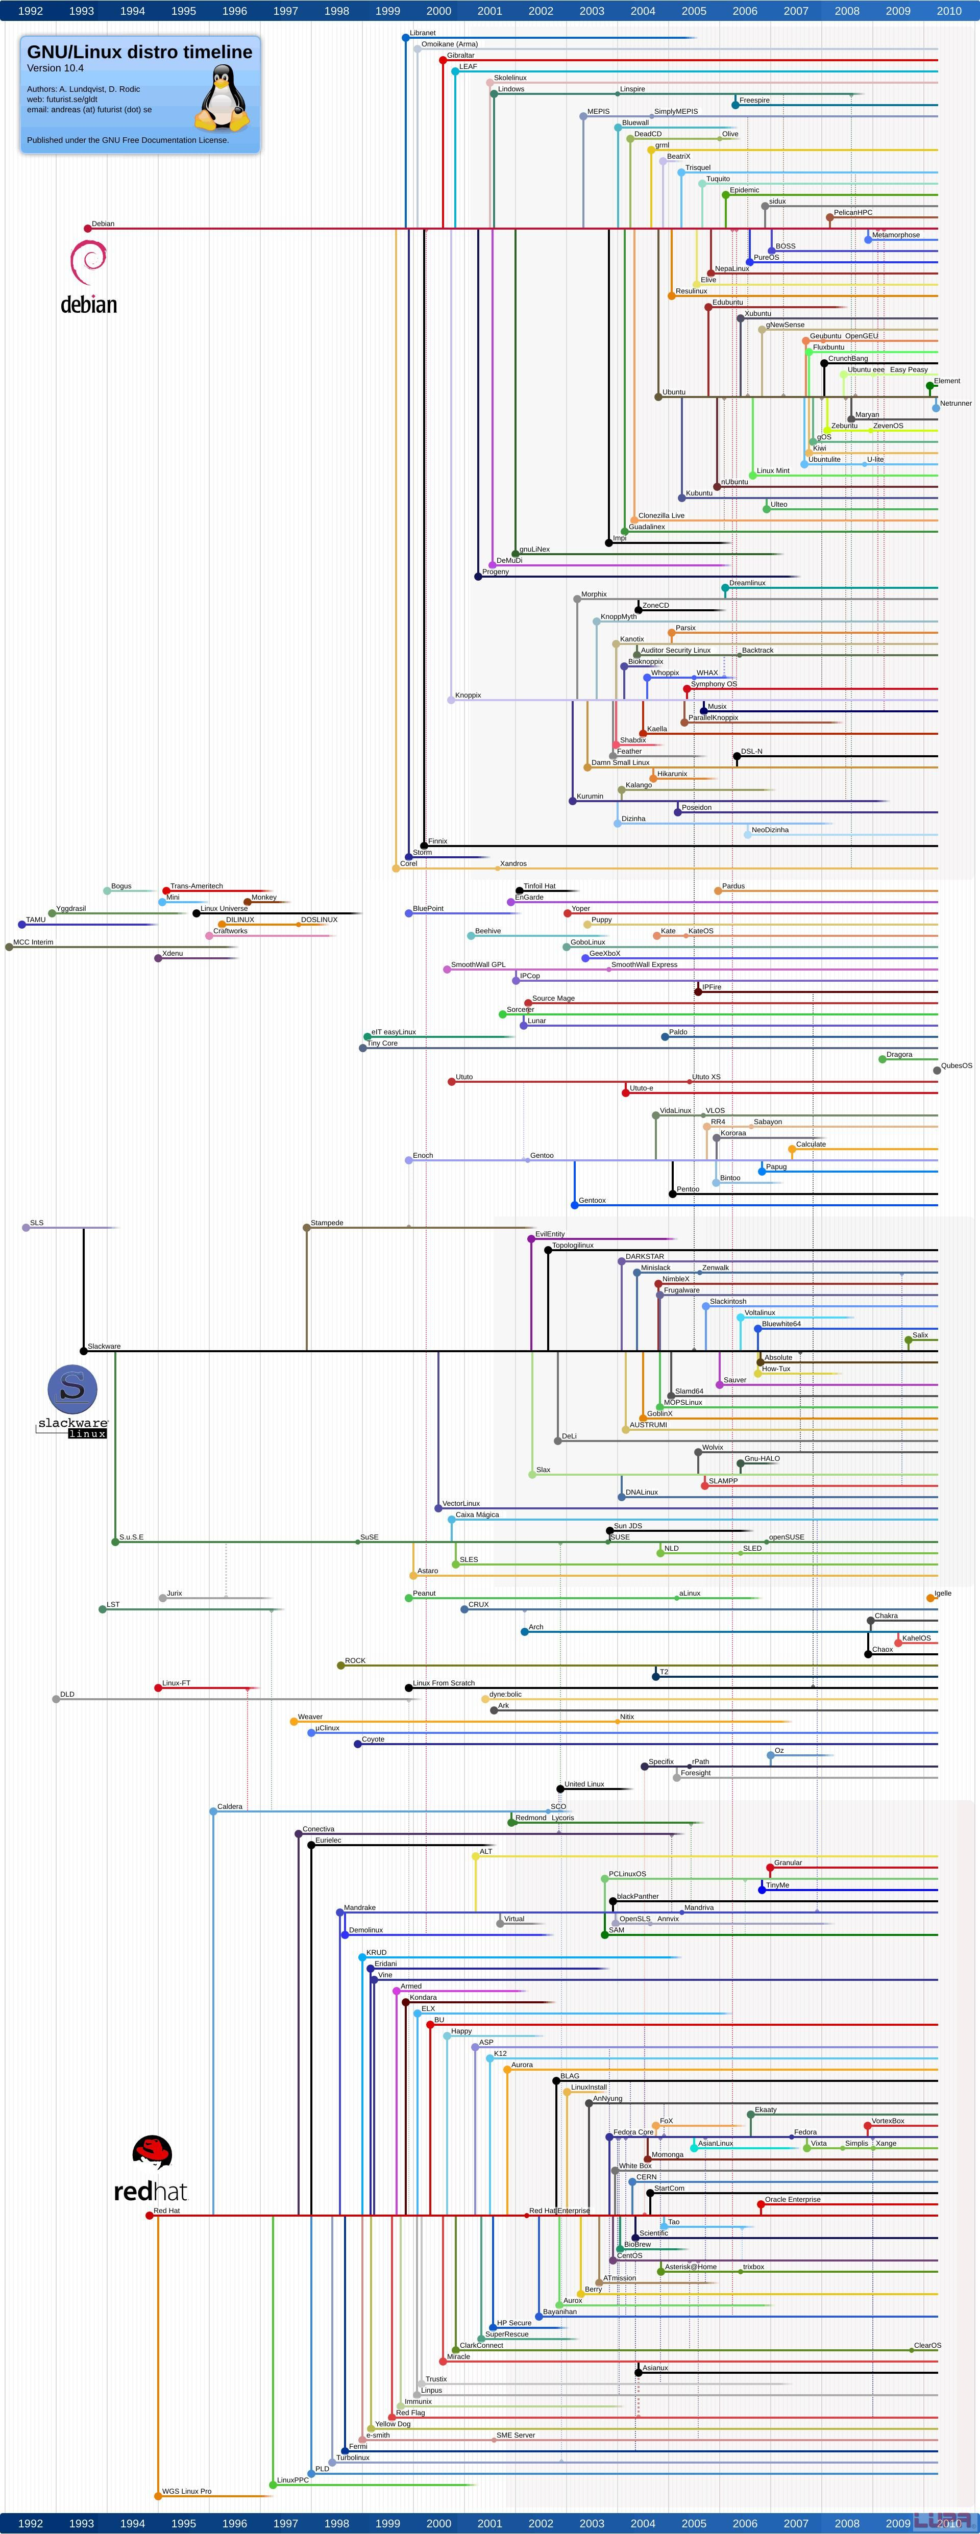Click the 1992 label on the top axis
click(x=31, y=11)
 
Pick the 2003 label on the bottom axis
click(x=592, y=2523)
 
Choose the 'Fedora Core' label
click(x=633, y=2132)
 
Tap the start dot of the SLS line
click(x=26, y=1228)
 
